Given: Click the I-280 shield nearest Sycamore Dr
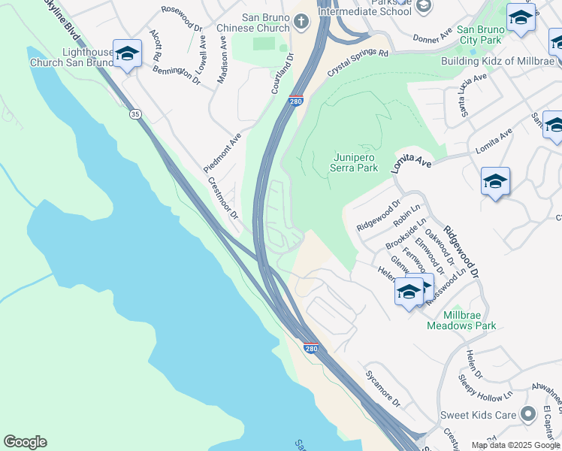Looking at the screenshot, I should (312, 349).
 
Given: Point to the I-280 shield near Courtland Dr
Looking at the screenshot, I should (297, 100).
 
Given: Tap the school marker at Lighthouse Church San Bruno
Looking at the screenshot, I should (127, 53).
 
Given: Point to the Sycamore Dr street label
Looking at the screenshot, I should (382, 388).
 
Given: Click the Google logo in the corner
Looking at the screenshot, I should (25, 442).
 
